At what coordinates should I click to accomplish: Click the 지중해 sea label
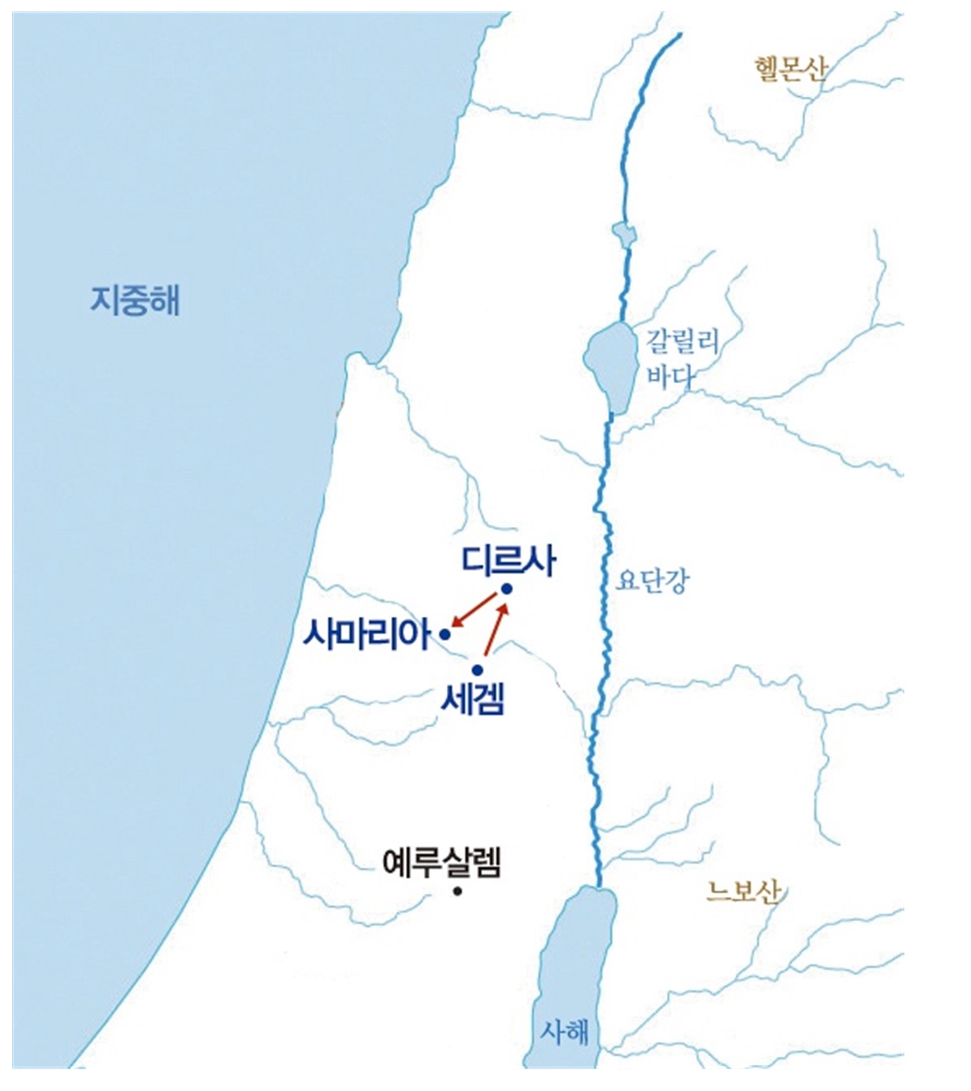[135, 300]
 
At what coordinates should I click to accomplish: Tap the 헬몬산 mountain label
[790, 68]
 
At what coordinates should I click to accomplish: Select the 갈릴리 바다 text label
[683, 358]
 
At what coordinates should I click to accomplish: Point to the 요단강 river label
[653, 580]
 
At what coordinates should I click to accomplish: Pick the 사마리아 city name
[368, 633]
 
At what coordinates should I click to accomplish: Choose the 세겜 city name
[473, 700]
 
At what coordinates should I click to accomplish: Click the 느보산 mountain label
[743, 891]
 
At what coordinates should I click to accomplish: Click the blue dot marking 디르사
[507, 589]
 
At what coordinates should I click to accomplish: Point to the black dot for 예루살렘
[457, 891]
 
